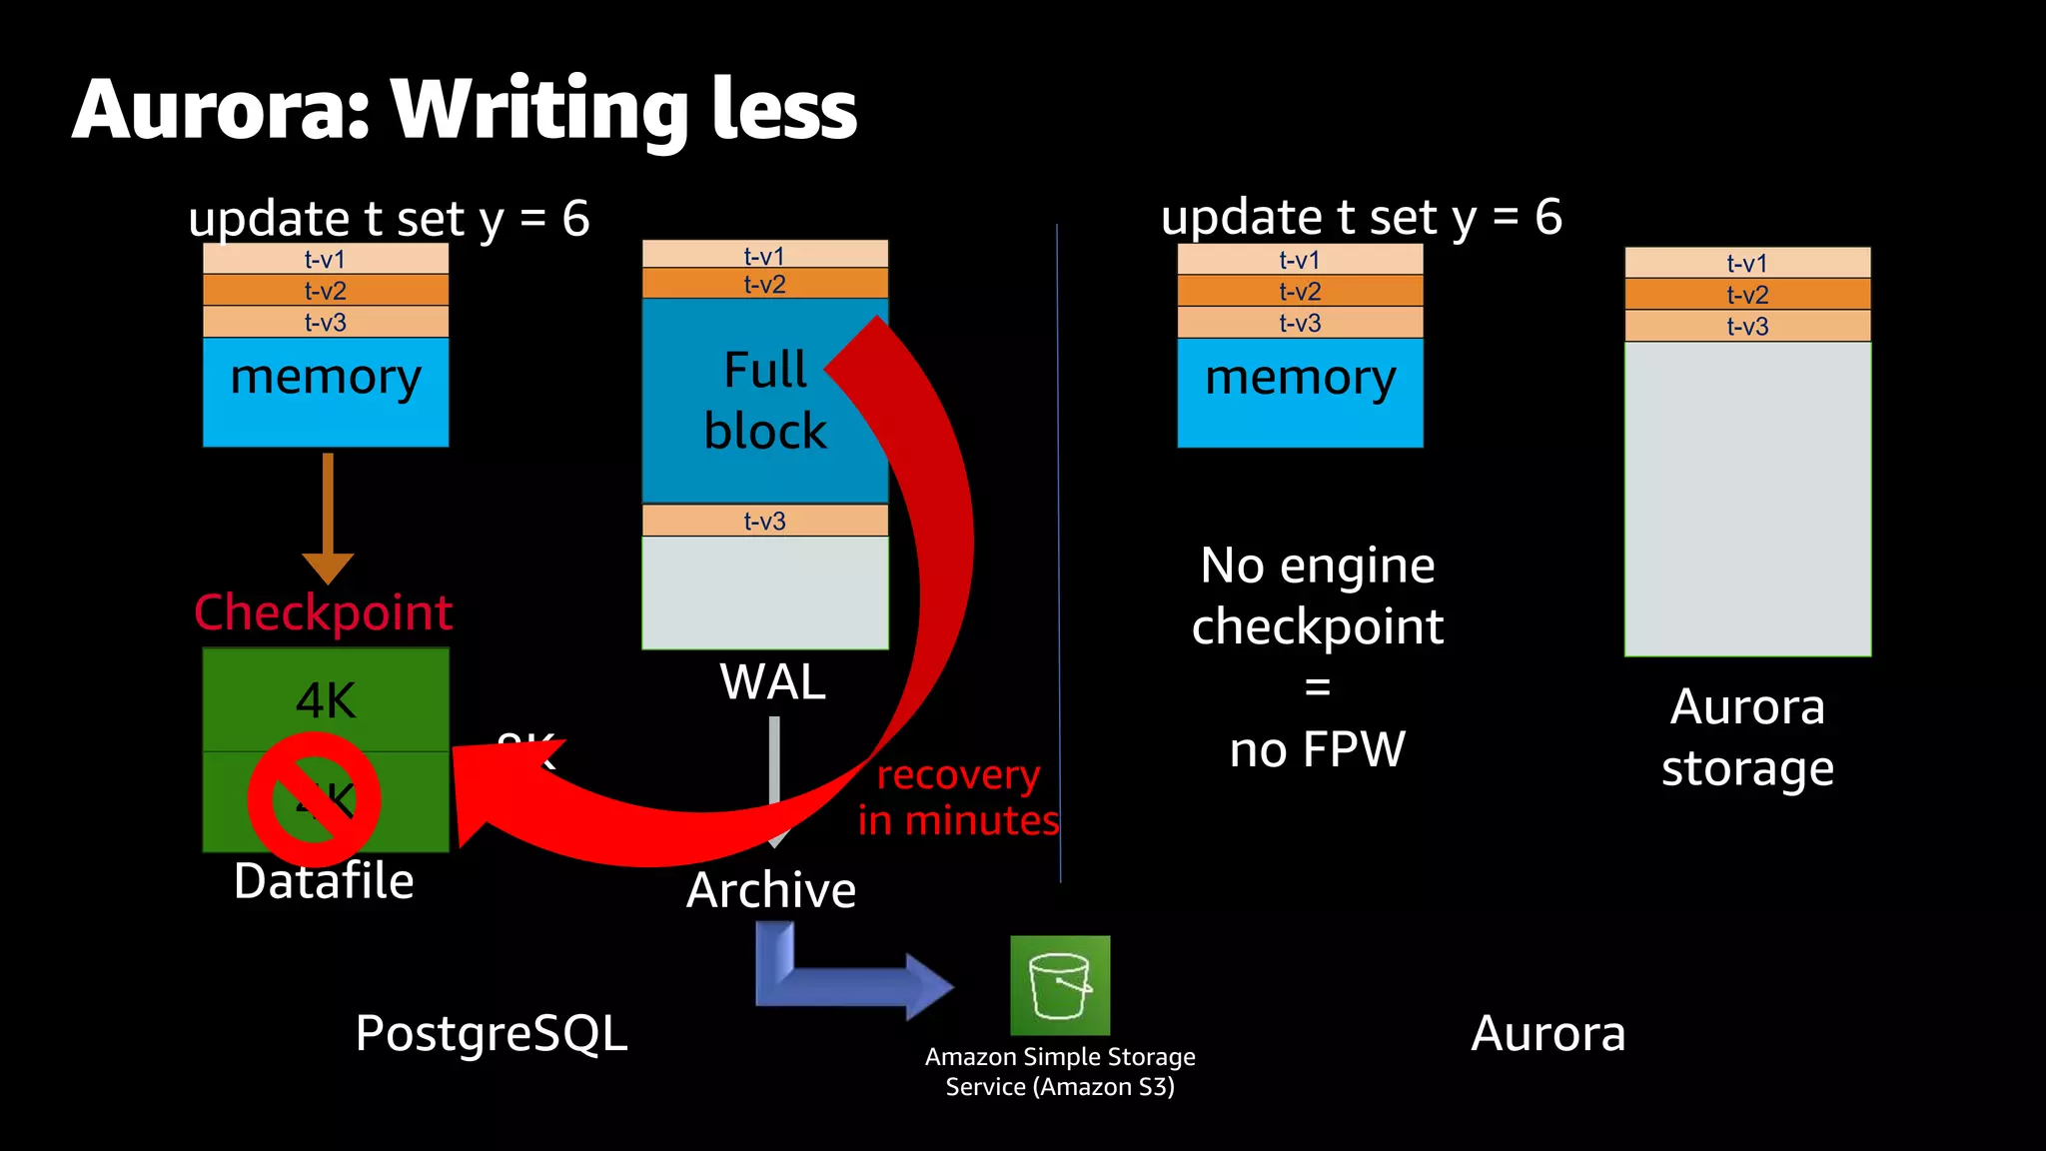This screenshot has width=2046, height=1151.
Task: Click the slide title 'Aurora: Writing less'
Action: point(465,110)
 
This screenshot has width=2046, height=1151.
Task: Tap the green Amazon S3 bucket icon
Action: point(1060,985)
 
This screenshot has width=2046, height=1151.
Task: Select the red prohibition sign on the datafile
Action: point(314,799)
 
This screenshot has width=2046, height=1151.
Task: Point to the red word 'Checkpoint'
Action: point(323,612)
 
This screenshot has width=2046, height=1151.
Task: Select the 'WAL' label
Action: point(772,682)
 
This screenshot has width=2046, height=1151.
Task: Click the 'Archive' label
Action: point(771,889)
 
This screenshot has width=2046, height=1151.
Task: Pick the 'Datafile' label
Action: point(324,881)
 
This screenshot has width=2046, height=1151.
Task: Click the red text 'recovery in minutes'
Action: point(958,797)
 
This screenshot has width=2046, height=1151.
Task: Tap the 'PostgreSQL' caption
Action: point(492,1033)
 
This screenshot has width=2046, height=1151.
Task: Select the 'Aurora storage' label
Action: point(1747,737)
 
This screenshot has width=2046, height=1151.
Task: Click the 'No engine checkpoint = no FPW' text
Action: point(1318,656)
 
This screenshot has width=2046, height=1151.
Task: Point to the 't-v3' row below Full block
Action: point(764,521)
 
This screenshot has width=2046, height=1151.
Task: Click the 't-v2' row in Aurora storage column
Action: point(1747,295)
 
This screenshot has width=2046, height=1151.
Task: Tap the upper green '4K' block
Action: point(326,699)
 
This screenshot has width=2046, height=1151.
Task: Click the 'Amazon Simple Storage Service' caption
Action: point(1060,1071)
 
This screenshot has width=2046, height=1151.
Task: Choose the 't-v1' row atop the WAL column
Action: point(764,255)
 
